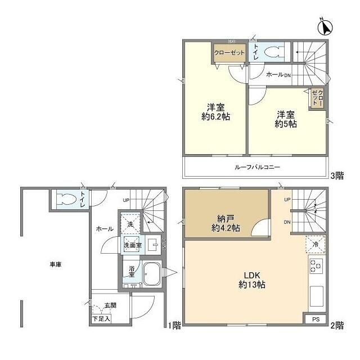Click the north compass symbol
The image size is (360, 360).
click(325, 28)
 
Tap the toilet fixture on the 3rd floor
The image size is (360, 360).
click(274, 52)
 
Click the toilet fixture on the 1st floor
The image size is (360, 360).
click(66, 199)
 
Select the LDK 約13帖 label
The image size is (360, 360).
click(252, 280)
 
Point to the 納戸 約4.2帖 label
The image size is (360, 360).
click(226, 223)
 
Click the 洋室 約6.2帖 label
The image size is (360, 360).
click(215, 112)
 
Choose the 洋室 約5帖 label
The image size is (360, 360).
click(286, 119)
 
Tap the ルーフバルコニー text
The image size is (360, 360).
click(257, 167)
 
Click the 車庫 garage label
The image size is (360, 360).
click(56, 264)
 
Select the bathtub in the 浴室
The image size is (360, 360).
click(152, 274)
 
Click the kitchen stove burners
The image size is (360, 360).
click(316, 266)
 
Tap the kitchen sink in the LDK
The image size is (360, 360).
click(316, 296)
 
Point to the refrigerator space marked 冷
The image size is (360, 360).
click(316, 245)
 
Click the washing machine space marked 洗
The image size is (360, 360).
click(130, 224)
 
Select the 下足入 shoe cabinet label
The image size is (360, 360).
click(101, 319)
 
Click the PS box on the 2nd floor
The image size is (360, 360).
click(316, 319)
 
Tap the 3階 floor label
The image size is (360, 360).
click(337, 176)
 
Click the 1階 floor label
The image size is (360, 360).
click(175, 325)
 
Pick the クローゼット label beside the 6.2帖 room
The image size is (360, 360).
click(229, 52)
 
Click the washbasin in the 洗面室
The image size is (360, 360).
click(153, 245)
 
